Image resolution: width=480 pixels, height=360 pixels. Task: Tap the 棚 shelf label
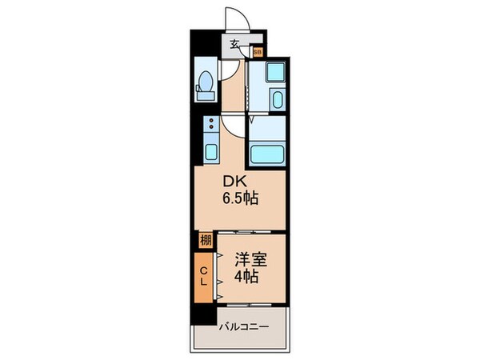coord(205,239)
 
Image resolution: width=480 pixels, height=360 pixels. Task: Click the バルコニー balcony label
coord(244,327)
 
